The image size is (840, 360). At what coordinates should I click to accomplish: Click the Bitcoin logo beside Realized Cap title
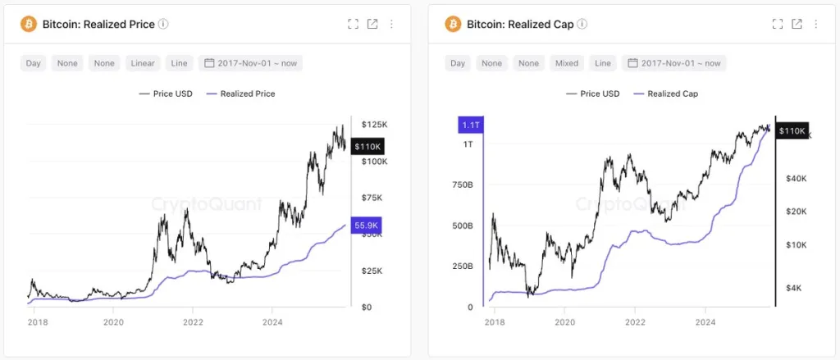453,24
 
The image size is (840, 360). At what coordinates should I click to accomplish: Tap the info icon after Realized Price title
163,24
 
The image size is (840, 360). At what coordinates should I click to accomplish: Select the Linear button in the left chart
144,63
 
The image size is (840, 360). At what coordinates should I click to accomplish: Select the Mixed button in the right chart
566,63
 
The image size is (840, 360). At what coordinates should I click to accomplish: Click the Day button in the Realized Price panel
34,63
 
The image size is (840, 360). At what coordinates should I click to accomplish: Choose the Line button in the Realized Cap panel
603,63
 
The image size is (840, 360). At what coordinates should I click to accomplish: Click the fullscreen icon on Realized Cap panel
778,24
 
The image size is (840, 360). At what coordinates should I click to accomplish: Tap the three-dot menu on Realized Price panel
391,24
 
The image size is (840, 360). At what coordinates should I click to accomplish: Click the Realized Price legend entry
241,93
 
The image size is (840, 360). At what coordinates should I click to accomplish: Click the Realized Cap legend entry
666,93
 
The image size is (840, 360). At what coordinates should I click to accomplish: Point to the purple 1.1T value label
469,125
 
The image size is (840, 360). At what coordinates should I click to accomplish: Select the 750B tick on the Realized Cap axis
461,185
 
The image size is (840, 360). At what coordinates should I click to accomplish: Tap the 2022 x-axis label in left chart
193,323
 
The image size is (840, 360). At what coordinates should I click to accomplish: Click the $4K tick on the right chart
794,288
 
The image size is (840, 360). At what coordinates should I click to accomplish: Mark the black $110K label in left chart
366,147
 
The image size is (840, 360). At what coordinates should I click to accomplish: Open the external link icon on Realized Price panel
372,24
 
